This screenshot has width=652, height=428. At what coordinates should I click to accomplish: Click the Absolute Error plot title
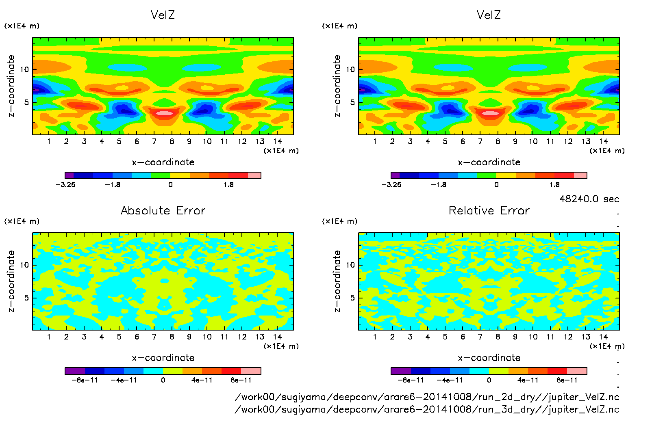[x=163, y=210]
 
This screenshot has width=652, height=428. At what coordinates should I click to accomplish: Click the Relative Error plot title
[x=489, y=210]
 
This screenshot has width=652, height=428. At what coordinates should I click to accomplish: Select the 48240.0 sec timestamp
[x=589, y=199]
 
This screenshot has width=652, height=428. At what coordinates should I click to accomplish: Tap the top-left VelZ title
[x=163, y=15]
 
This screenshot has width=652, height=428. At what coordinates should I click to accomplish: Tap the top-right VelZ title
[x=489, y=15]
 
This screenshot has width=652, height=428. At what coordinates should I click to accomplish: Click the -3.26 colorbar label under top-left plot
[x=65, y=185]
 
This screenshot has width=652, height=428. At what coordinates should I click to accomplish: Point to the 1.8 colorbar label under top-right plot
[x=554, y=185]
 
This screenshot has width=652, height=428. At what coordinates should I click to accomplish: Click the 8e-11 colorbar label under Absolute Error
[x=241, y=380]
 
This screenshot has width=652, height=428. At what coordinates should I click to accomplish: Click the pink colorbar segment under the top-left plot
[x=254, y=175]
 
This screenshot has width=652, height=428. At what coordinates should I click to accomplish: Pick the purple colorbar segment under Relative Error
[x=401, y=371]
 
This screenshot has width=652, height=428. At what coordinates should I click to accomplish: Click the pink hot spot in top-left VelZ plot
[x=165, y=113]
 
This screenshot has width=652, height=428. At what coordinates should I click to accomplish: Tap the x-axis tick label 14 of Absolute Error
[x=277, y=337]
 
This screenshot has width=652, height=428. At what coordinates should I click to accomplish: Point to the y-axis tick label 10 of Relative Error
[x=350, y=265]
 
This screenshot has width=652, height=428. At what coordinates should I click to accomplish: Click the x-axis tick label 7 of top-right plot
[x=480, y=141]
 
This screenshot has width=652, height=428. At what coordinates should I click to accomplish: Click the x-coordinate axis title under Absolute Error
[x=163, y=358]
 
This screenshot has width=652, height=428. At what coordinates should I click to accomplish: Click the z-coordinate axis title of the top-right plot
[x=337, y=86]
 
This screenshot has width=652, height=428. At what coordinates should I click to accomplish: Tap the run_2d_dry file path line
[x=427, y=397]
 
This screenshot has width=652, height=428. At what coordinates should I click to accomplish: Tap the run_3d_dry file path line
[x=427, y=409]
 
